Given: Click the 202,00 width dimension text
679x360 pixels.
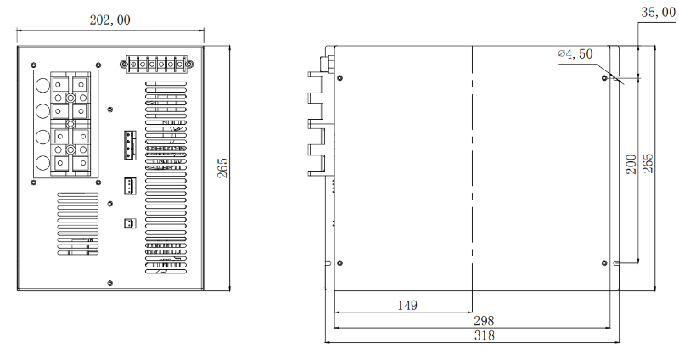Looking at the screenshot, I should (110, 20).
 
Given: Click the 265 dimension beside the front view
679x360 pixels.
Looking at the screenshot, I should (222, 168).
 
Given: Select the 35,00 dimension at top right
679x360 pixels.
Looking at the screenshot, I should (659, 13).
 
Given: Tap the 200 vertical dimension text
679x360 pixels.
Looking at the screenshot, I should (631, 164).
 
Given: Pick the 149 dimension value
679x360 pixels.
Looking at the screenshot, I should (402, 304).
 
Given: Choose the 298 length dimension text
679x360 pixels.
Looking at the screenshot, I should (482, 320).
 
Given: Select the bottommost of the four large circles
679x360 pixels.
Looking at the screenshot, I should (42, 163).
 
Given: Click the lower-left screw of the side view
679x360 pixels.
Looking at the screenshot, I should (339, 262).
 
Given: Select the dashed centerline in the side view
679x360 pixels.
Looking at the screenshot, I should (471, 170).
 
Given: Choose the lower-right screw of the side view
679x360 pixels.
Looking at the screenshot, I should (603, 262).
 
